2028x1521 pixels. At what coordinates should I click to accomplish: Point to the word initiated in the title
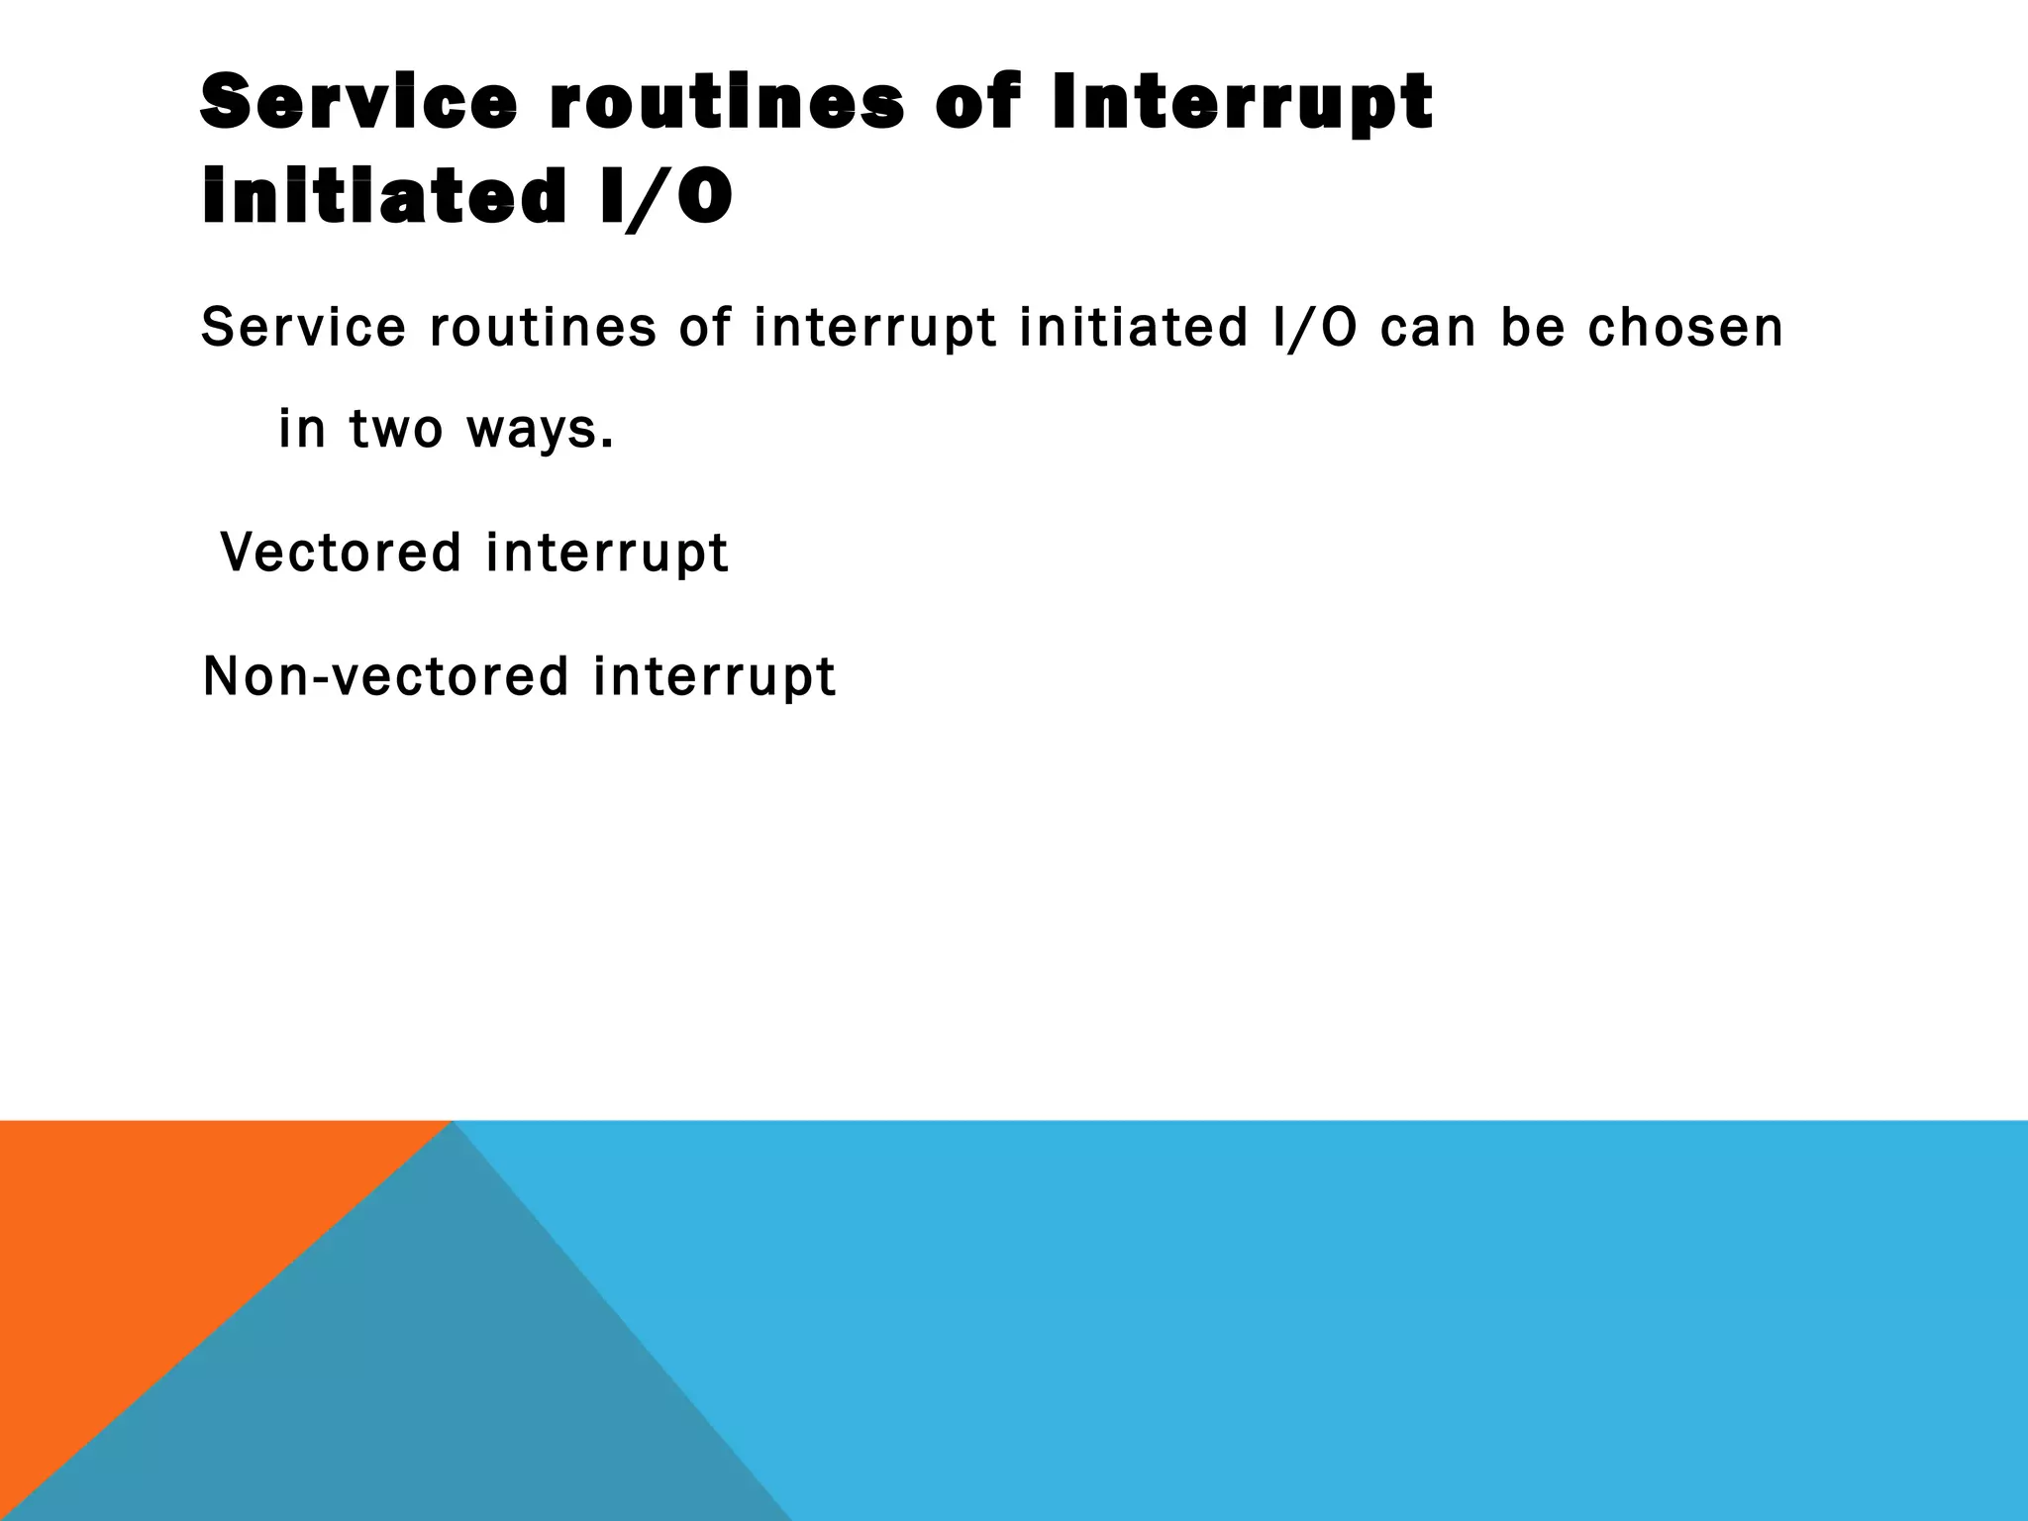[382, 196]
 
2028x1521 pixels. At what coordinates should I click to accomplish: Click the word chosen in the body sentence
[1685, 328]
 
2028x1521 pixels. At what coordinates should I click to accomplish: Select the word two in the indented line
[396, 430]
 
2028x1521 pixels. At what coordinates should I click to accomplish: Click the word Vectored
[341, 552]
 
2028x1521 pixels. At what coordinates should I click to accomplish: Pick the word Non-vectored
[386, 676]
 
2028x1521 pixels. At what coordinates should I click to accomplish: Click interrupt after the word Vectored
[607, 553]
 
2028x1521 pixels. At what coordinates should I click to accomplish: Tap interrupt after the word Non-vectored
[715, 677]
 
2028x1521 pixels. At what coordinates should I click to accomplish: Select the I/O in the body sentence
[1315, 328]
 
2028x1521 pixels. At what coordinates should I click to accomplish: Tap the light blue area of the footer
[1386, 1317]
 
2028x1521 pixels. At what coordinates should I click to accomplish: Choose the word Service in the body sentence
[303, 328]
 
